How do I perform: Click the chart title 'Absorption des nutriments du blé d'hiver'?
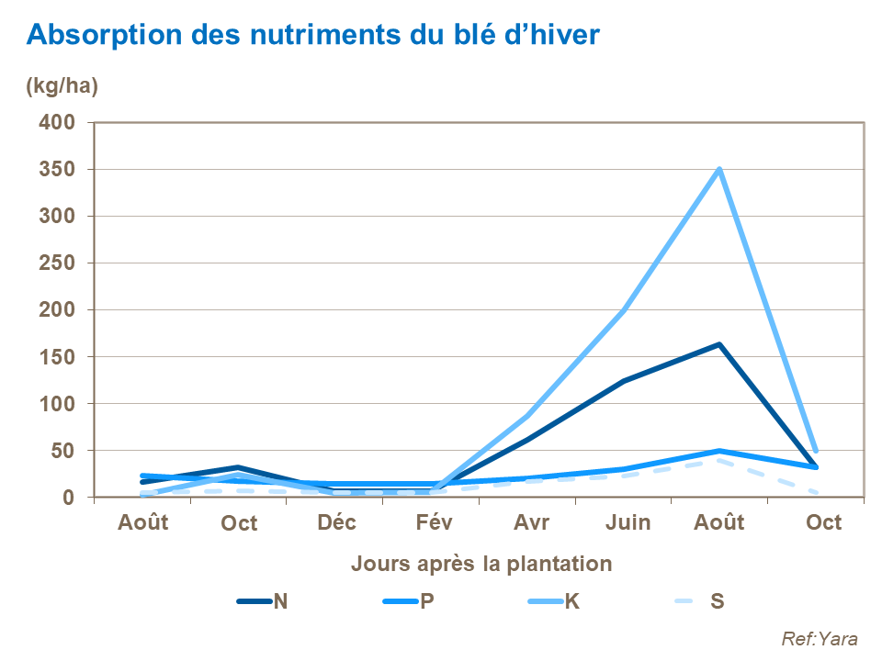pos(313,35)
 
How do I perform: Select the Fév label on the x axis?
pos(432,522)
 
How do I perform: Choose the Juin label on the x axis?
pos(628,522)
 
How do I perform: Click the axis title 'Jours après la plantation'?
pos(481,564)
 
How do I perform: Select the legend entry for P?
pos(408,601)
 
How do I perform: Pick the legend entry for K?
pos(553,601)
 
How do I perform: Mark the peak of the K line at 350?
pos(719,170)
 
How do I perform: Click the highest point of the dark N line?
pos(719,344)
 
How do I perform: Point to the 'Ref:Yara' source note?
pos(819,639)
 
